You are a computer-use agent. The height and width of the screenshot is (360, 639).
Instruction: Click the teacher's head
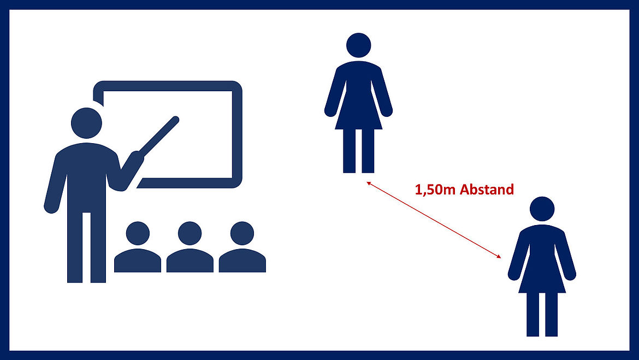tap(86, 123)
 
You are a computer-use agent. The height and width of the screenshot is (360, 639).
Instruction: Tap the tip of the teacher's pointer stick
tap(176, 120)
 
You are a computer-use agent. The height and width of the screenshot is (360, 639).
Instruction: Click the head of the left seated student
tap(138, 234)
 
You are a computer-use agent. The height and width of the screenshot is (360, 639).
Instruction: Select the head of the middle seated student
tap(190, 234)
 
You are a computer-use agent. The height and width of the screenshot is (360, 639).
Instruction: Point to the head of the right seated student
tap(242, 234)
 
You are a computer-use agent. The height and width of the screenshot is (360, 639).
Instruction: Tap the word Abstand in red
tap(487, 190)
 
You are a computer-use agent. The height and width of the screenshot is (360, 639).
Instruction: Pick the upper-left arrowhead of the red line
tap(369, 184)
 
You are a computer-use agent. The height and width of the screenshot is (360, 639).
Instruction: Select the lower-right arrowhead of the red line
tap(499, 256)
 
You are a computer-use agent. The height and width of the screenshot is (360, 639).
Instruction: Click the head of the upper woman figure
tap(359, 45)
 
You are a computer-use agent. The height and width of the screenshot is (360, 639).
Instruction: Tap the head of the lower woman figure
tap(542, 209)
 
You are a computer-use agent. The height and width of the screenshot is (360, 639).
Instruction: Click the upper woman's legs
tap(359, 151)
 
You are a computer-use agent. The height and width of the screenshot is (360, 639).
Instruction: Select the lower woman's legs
tap(542, 315)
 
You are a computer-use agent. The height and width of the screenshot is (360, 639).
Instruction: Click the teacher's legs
tap(86, 247)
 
